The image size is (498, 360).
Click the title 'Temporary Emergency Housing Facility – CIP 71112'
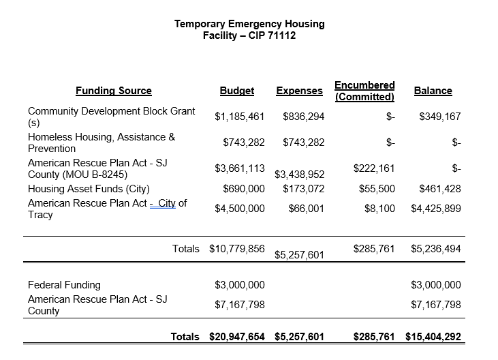pos(249,29)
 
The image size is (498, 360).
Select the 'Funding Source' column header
pos(113,91)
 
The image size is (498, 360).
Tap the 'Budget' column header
pos(236,91)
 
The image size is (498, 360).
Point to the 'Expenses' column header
pos(299,91)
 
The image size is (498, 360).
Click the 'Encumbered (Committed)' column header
pos(364,91)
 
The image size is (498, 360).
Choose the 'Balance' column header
pos(433,91)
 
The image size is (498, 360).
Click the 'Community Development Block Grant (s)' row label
pos(111,117)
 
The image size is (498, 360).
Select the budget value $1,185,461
pos(239,117)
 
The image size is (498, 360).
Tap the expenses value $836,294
pos(303,117)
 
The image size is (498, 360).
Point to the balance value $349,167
pos(440,117)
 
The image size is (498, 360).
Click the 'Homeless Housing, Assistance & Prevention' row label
pos(101,142)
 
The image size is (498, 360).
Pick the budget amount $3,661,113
pos(239,168)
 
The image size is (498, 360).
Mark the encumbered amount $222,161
pos(373,168)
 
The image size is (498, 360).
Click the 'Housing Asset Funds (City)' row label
pos(89,189)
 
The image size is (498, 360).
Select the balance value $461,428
pos(440,189)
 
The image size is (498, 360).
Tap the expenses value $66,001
pos(306,209)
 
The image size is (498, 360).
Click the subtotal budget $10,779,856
pos(236,249)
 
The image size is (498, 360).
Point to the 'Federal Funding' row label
pos(64,285)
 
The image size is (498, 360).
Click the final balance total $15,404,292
pos(433,337)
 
